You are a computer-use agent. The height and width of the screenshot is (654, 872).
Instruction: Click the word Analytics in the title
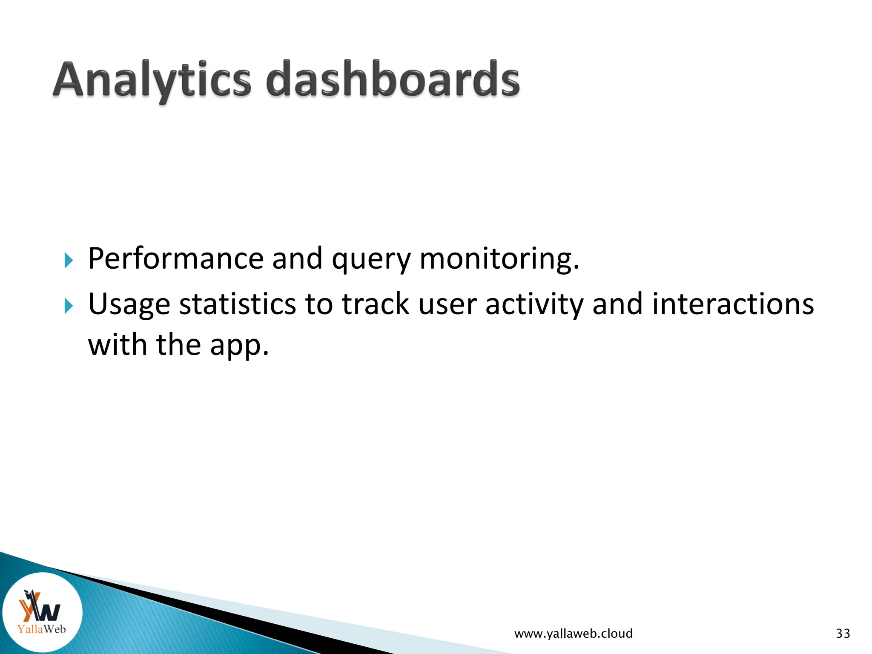(152, 80)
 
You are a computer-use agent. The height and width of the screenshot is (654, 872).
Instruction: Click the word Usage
(129, 305)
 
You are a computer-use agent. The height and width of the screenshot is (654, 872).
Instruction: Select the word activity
(534, 305)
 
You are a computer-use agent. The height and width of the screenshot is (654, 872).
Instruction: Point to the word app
(239, 346)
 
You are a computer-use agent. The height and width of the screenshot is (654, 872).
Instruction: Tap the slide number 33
(843, 634)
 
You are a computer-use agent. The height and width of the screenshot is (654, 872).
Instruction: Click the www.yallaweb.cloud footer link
(573, 634)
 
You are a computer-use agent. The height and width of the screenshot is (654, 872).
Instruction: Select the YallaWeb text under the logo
(41, 629)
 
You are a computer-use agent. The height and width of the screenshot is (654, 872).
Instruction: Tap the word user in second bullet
(447, 305)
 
